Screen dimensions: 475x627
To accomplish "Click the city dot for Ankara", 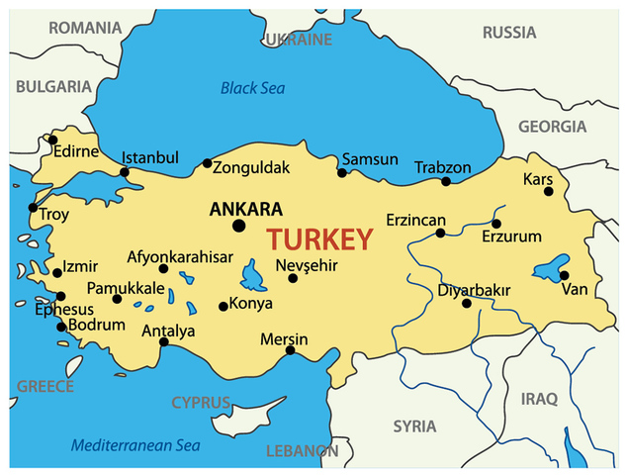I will click(238, 226).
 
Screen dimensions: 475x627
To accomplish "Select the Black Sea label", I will click(252, 88).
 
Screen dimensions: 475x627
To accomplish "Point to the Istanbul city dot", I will click(125, 172).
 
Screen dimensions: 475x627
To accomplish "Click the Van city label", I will click(575, 290).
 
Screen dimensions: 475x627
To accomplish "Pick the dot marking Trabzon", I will click(446, 181).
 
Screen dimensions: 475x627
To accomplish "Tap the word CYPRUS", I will click(201, 403).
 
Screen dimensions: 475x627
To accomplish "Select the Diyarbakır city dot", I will click(467, 303).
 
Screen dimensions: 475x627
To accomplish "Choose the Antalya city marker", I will click(163, 342).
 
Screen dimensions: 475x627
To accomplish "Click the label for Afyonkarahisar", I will click(180, 257).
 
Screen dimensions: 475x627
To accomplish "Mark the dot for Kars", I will click(549, 191).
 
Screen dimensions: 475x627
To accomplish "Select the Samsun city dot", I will click(342, 173).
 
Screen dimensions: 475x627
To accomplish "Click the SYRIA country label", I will click(414, 427).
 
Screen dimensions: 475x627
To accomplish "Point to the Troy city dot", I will click(33, 208).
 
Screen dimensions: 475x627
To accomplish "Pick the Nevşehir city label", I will click(309, 265).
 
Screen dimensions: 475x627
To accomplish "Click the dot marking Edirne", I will click(52, 140).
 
